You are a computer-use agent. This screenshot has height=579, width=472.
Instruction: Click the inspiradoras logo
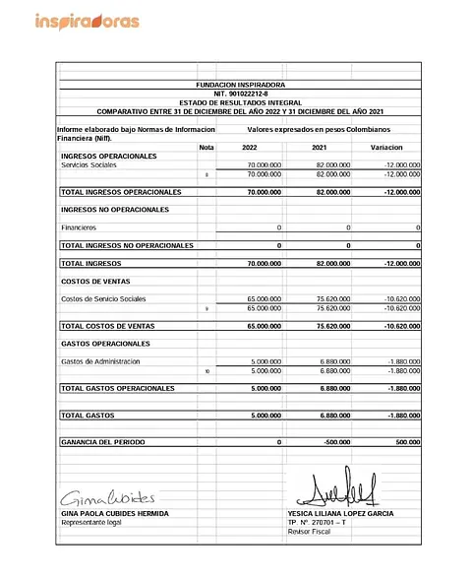[x=87, y=21]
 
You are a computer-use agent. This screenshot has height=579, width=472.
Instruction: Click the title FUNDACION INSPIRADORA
[x=239, y=86]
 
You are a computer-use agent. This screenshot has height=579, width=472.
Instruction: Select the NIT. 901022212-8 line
[x=239, y=94]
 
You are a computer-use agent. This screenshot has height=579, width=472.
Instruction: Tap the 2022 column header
[x=250, y=147]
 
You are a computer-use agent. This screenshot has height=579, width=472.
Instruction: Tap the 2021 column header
[x=319, y=147]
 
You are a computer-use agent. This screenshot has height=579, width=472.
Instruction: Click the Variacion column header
[x=386, y=147]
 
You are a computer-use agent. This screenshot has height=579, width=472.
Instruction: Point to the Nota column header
[x=206, y=147]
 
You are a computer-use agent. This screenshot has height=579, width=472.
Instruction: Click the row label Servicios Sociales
[x=88, y=165]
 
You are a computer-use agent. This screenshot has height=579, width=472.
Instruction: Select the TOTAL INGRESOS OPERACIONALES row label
[x=121, y=191]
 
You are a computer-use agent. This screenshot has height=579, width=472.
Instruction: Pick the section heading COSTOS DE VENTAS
[x=97, y=282]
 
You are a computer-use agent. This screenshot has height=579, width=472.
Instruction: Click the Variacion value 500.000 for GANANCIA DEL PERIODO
[x=405, y=443]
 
